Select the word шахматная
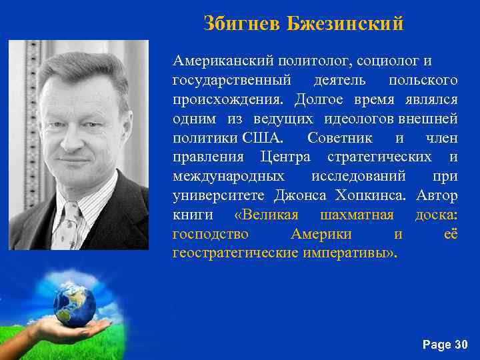(357, 215)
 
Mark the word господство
(211, 235)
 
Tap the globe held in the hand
(74, 305)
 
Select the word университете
(219, 196)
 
